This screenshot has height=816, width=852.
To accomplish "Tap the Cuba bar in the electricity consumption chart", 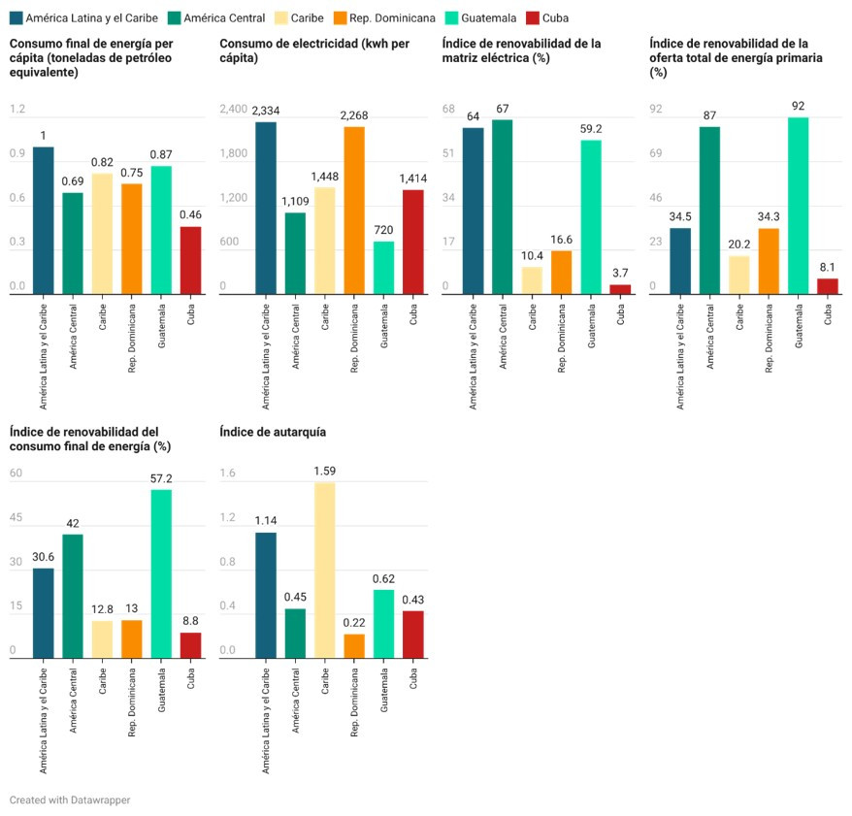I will point(413,242).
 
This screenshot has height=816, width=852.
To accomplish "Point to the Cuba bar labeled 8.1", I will point(827,286).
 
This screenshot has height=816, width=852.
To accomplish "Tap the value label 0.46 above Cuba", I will point(190,214).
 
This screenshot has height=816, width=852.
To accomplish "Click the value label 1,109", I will point(295,201).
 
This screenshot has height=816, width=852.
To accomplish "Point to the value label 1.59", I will point(325,471).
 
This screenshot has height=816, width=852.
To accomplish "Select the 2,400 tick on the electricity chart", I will point(234,110).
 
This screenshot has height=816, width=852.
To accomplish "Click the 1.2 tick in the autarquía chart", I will point(228,518).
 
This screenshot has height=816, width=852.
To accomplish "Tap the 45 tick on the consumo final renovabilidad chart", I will point(16,518).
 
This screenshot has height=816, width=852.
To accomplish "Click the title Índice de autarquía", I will point(273,432).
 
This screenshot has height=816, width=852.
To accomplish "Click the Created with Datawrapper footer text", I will point(70,800).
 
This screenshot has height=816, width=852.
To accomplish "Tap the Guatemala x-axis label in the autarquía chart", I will point(384,690).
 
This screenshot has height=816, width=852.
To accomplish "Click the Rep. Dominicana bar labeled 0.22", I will point(354,646).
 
